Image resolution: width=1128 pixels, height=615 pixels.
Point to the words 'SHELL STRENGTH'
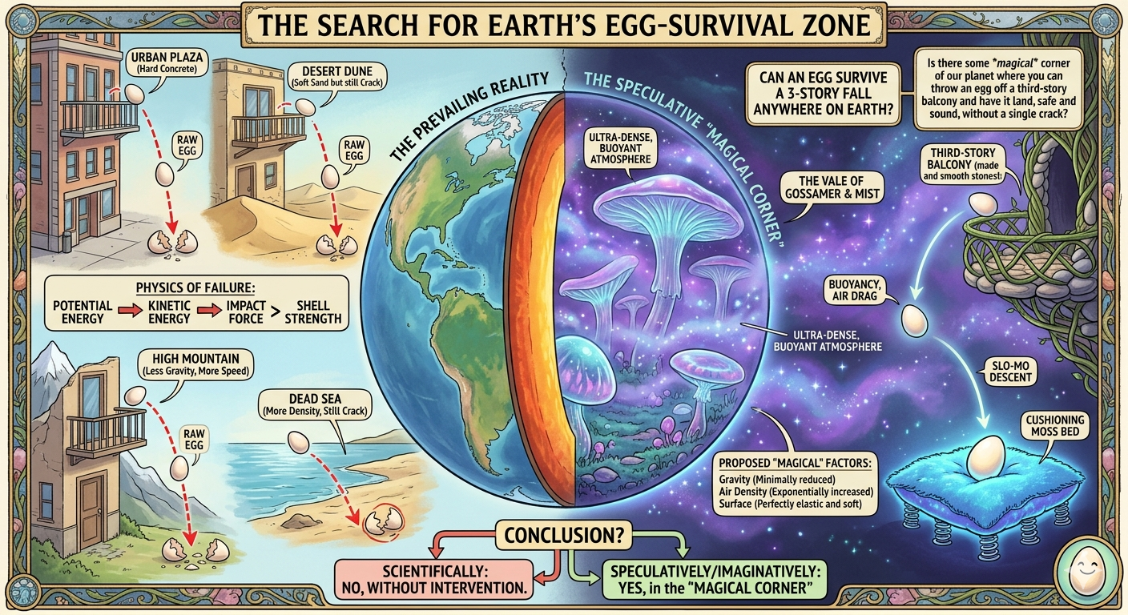pyautogui.click(x=313, y=312)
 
